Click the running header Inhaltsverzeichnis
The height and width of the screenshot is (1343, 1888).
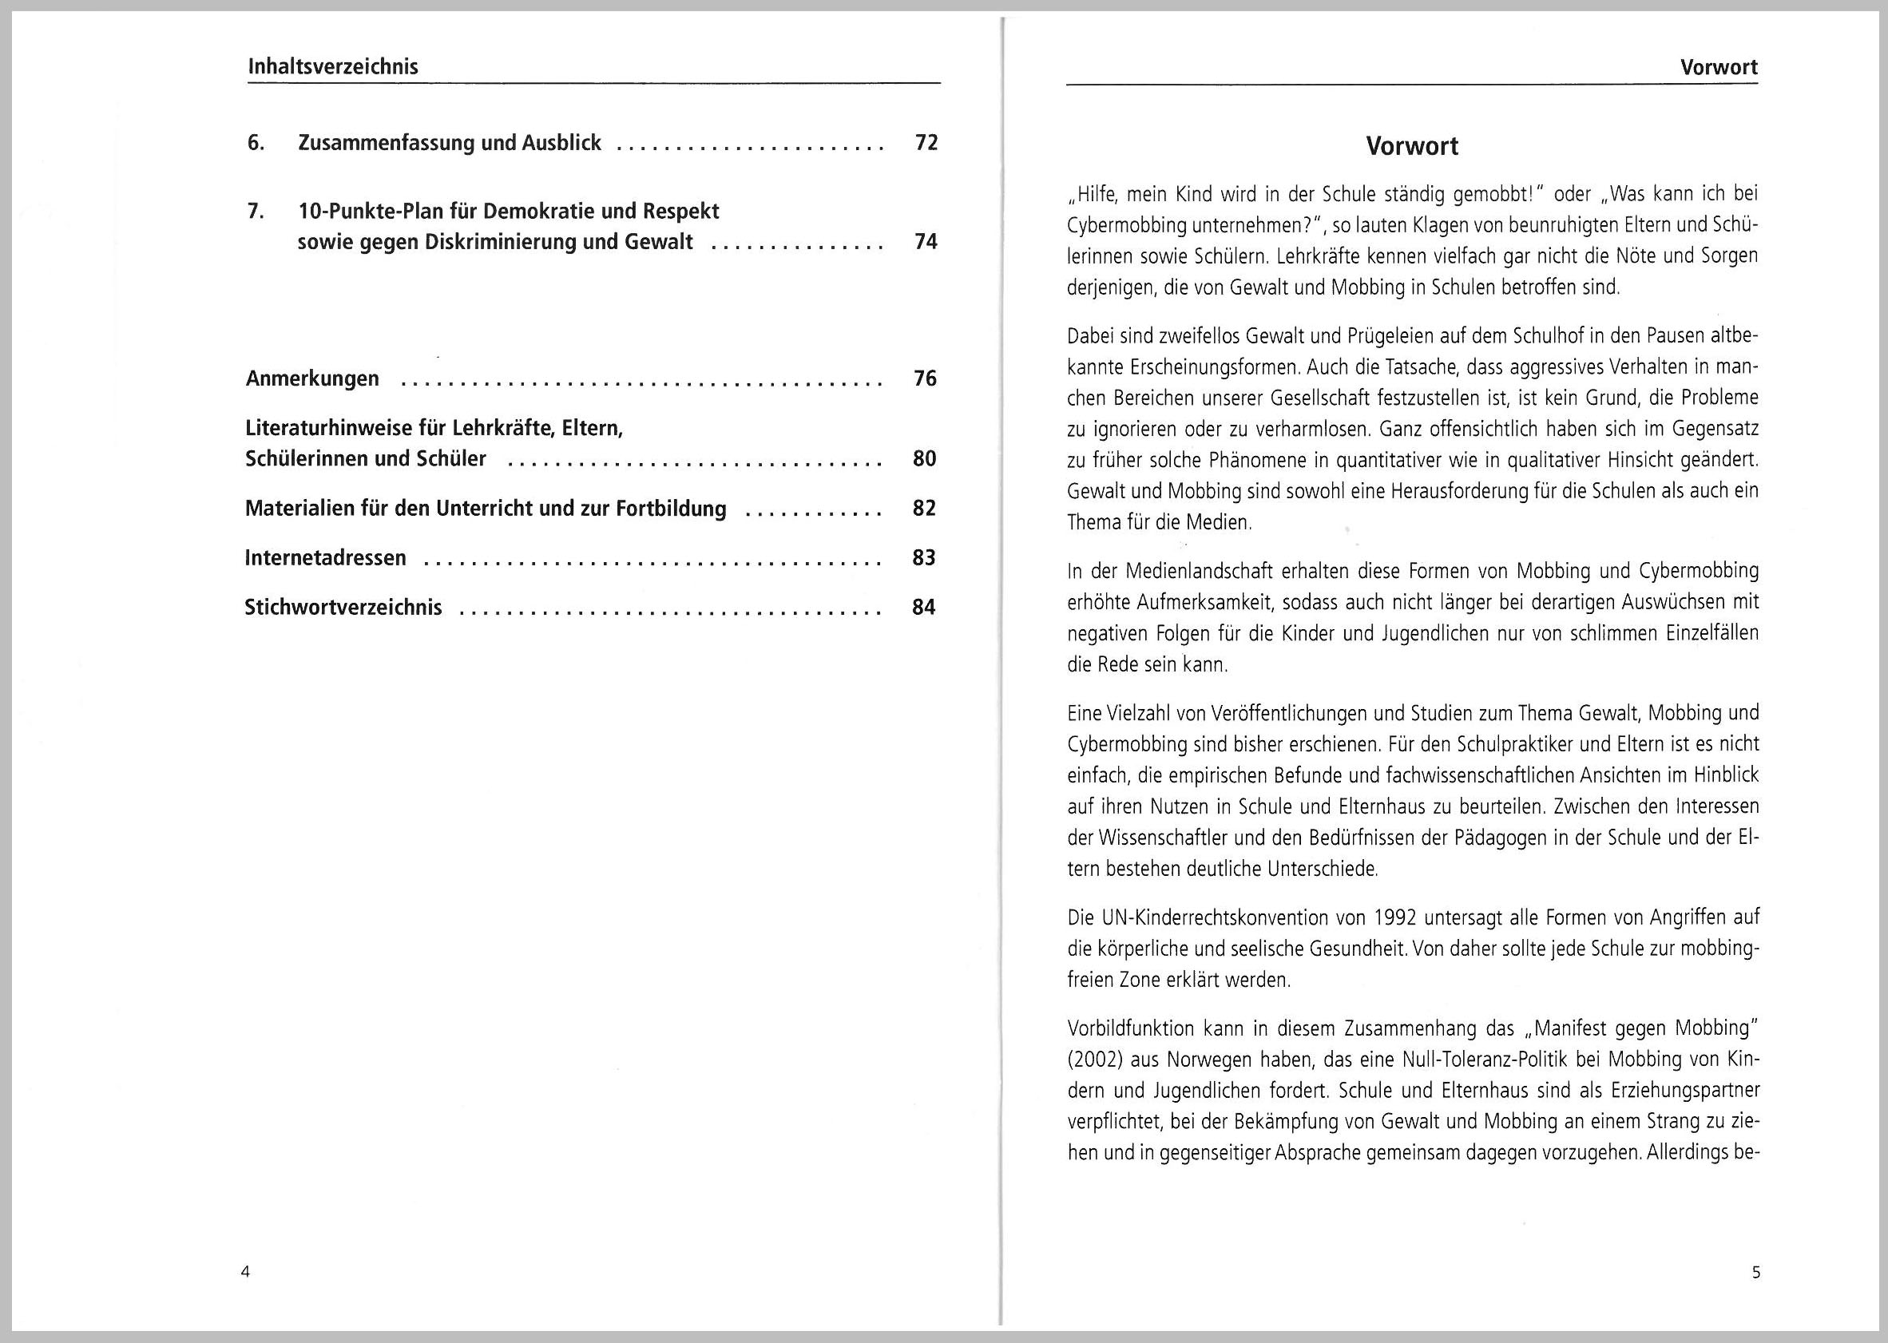click(333, 67)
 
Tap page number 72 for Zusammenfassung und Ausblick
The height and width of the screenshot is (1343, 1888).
click(926, 143)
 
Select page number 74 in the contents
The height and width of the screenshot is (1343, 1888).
click(926, 241)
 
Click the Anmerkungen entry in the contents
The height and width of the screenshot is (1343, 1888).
click(312, 378)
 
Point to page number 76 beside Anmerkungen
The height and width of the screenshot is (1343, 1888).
click(925, 378)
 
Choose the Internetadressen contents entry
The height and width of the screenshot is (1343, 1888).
click(326, 558)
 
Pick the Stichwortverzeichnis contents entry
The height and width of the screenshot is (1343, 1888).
click(343, 608)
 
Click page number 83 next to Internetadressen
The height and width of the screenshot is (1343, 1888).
click(924, 558)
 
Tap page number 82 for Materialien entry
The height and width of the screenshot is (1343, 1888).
click(924, 509)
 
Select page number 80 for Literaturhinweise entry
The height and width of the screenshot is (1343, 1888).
click(924, 459)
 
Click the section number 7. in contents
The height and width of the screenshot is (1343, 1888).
click(256, 211)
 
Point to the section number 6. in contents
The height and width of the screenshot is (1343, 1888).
click(256, 143)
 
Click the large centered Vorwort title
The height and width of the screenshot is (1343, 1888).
click(1412, 146)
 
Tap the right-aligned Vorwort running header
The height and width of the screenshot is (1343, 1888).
click(1719, 68)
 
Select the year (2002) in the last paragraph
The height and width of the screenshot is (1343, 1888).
click(1096, 1060)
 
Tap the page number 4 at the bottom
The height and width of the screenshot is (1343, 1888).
click(245, 1272)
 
